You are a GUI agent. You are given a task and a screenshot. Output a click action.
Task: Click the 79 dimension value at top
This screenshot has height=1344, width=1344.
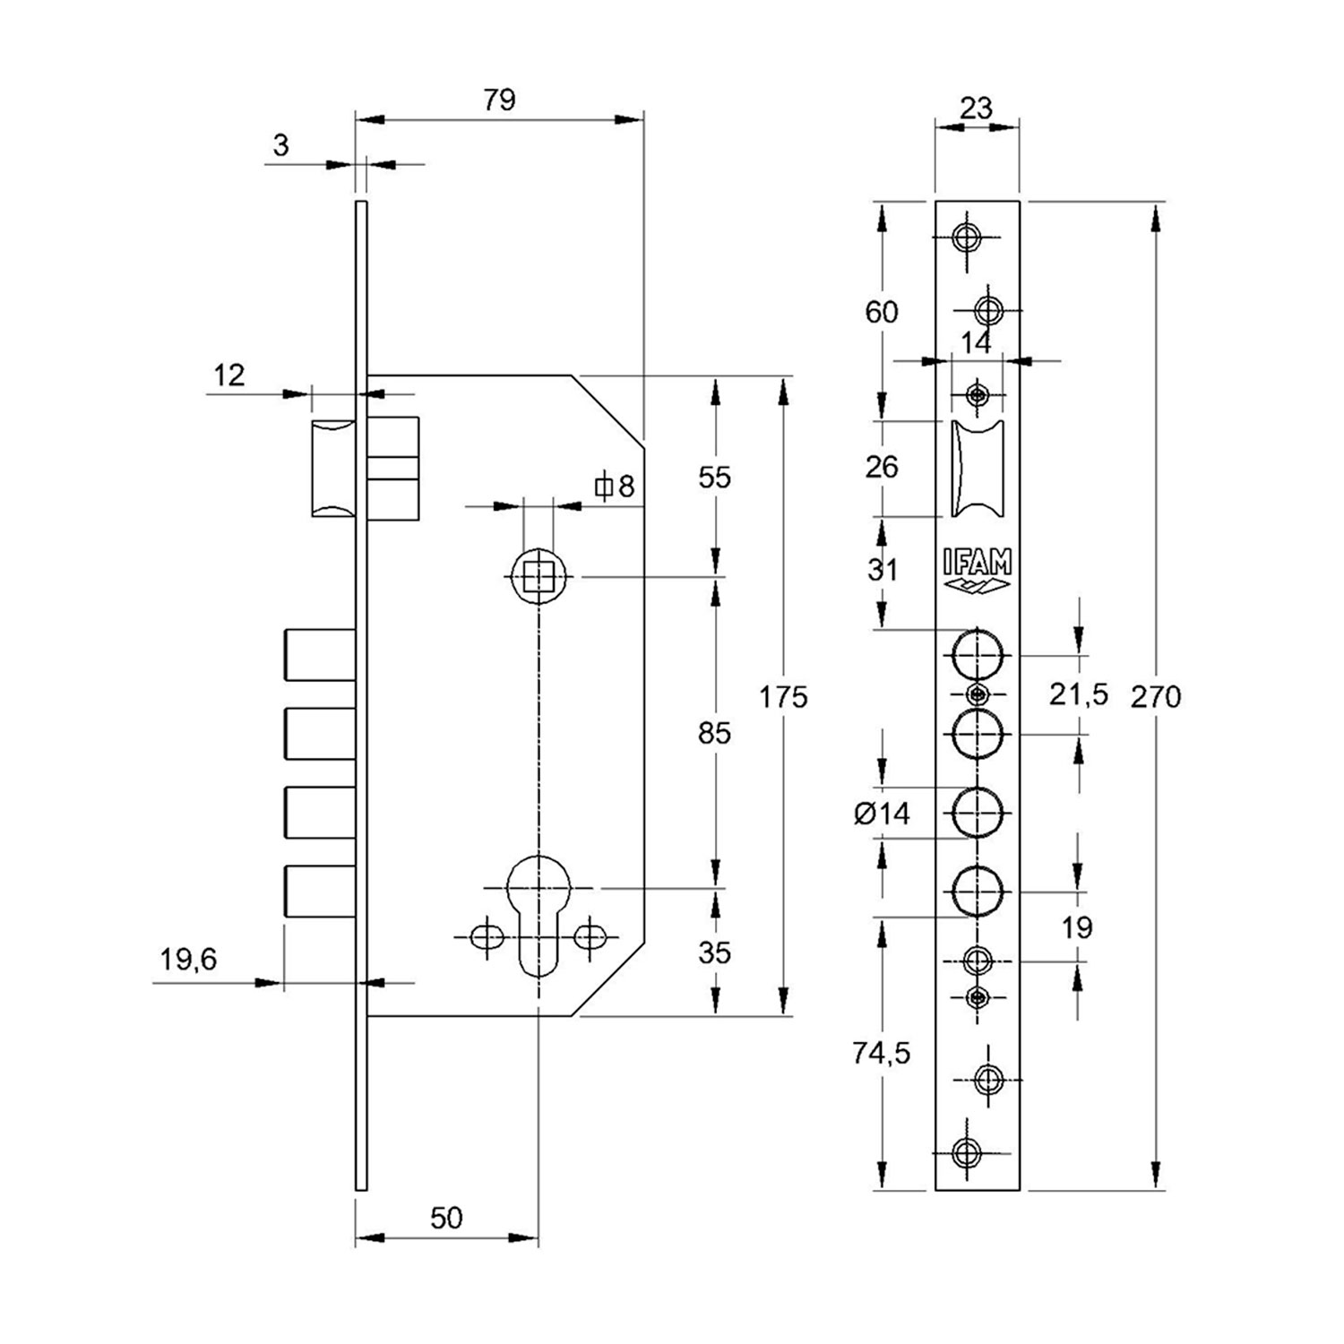499,99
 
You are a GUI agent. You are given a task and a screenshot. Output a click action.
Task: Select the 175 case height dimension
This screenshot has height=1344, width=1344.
783,696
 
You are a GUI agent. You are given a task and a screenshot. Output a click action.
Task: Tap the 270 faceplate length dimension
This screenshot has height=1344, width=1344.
1156,696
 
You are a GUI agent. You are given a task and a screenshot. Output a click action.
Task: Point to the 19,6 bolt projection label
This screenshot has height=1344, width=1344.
188,960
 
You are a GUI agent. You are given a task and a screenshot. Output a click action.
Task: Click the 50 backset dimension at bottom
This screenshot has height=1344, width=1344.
446,1218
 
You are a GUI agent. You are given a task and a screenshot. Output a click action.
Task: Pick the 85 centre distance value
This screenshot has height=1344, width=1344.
714,733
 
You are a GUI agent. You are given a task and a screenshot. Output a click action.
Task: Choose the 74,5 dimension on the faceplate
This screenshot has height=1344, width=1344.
881,1053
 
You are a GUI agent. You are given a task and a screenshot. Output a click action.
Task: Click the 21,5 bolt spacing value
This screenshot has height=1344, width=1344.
1079,694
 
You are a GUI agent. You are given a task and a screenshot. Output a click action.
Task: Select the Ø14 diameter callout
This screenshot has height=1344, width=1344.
882,814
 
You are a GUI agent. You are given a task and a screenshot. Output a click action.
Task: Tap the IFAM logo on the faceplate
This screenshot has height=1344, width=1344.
977,571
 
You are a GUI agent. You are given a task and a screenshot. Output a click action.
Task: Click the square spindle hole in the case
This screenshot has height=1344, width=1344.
538,576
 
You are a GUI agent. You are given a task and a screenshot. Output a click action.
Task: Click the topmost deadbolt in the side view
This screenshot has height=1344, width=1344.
320,655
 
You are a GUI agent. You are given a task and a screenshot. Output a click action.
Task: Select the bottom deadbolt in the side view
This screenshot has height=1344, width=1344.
320,891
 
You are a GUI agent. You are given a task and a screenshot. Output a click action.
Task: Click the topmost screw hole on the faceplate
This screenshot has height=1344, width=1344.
966,237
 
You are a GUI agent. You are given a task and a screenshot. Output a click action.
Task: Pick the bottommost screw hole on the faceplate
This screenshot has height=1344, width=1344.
966,1152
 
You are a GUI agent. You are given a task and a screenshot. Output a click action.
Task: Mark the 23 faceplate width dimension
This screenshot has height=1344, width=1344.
976,108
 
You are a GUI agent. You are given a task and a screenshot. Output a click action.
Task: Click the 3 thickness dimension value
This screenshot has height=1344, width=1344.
280,145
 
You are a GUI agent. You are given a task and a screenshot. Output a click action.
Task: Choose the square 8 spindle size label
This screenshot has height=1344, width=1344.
616,487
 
